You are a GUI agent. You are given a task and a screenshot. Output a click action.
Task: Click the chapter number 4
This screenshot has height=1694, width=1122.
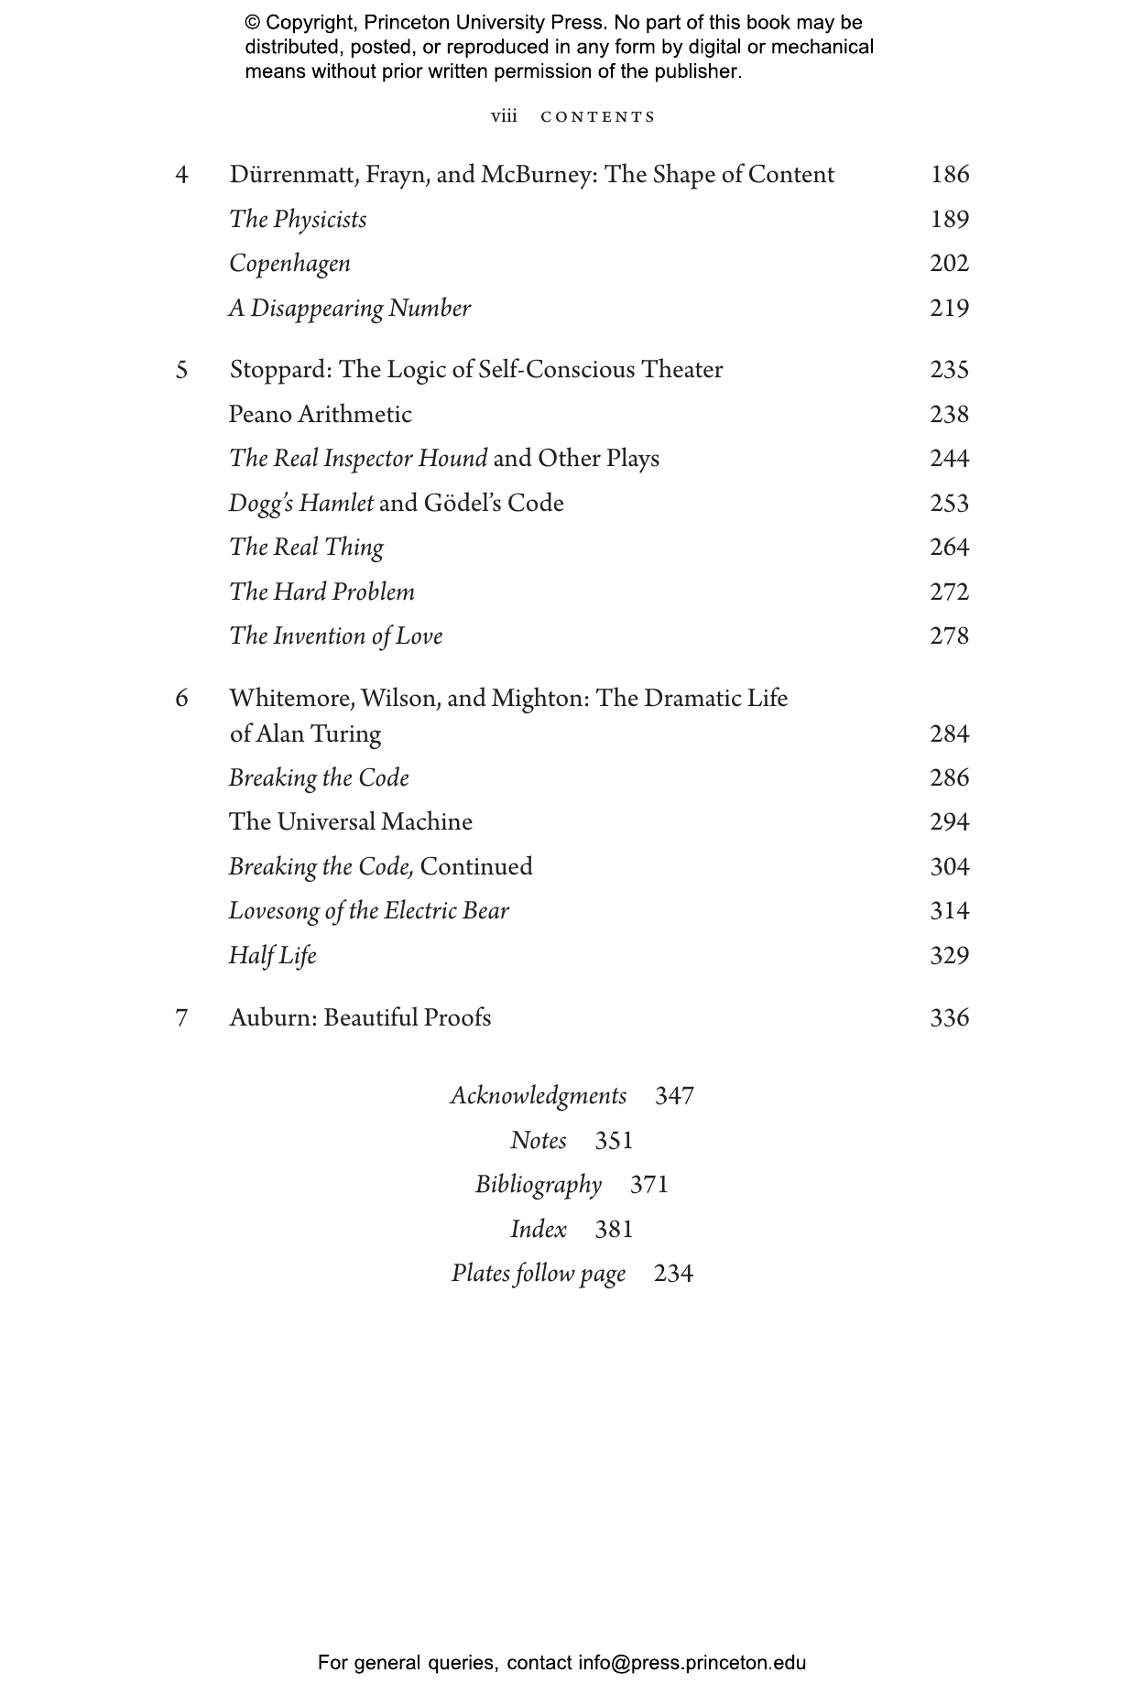click(x=182, y=175)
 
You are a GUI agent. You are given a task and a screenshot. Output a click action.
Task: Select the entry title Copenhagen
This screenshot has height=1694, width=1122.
click(x=289, y=264)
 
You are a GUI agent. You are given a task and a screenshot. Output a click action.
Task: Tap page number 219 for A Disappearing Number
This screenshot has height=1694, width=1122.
click(x=949, y=309)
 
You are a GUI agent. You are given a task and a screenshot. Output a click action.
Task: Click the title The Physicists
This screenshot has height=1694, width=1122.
click(x=298, y=220)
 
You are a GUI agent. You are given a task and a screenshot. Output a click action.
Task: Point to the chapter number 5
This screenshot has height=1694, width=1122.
click(x=182, y=370)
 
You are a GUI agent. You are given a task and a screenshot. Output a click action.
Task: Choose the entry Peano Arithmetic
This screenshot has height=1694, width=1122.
click(x=321, y=415)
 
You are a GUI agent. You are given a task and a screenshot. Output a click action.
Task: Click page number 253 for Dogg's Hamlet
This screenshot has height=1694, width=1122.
click(x=949, y=504)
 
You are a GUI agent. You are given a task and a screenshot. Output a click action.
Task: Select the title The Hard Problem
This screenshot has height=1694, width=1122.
click(x=321, y=592)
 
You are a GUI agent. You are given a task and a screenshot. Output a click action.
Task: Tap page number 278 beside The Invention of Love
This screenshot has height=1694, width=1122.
click(x=949, y=636)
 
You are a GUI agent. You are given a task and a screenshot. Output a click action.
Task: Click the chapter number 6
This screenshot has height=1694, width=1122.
click(x=182, y=699)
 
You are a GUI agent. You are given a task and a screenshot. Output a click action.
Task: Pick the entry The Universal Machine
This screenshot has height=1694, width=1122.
click(x=351, y=822)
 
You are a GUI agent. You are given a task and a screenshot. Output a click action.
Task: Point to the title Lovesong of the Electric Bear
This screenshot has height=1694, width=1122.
click(x=368, y=911)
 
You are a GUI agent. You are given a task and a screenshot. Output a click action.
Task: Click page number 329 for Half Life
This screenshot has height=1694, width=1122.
click(x=949, y=956)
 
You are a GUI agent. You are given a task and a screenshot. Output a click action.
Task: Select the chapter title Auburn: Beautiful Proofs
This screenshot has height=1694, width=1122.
click(x=360, y=1018)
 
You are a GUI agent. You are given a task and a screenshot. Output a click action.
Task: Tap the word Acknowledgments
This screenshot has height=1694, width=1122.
click(x=539, y=1096)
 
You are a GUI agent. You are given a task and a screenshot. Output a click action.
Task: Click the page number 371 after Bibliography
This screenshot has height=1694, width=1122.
click(x=649, y=1185)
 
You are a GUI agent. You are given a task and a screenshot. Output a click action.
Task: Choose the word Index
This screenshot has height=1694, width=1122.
click(x=539, y=1229)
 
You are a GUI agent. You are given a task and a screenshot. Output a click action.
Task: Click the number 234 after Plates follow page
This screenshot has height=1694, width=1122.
click(x=673, y=1274)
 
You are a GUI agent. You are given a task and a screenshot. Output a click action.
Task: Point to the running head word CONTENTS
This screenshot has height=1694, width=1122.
click(x=598, y=117)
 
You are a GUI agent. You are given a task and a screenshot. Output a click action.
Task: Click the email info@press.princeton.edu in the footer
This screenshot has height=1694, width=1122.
click(x=692, y=1663)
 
